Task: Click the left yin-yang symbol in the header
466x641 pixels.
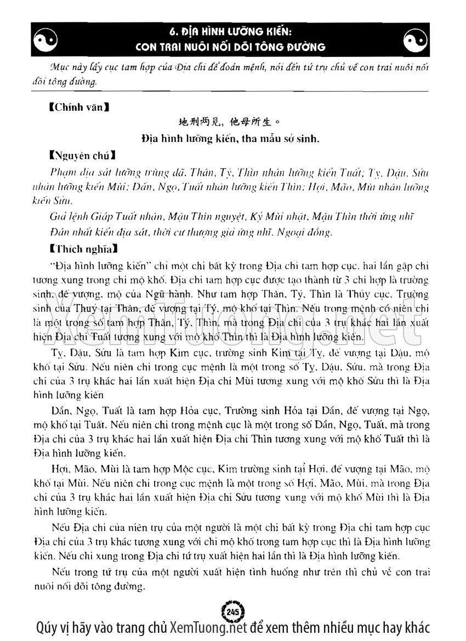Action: point(46,39)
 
